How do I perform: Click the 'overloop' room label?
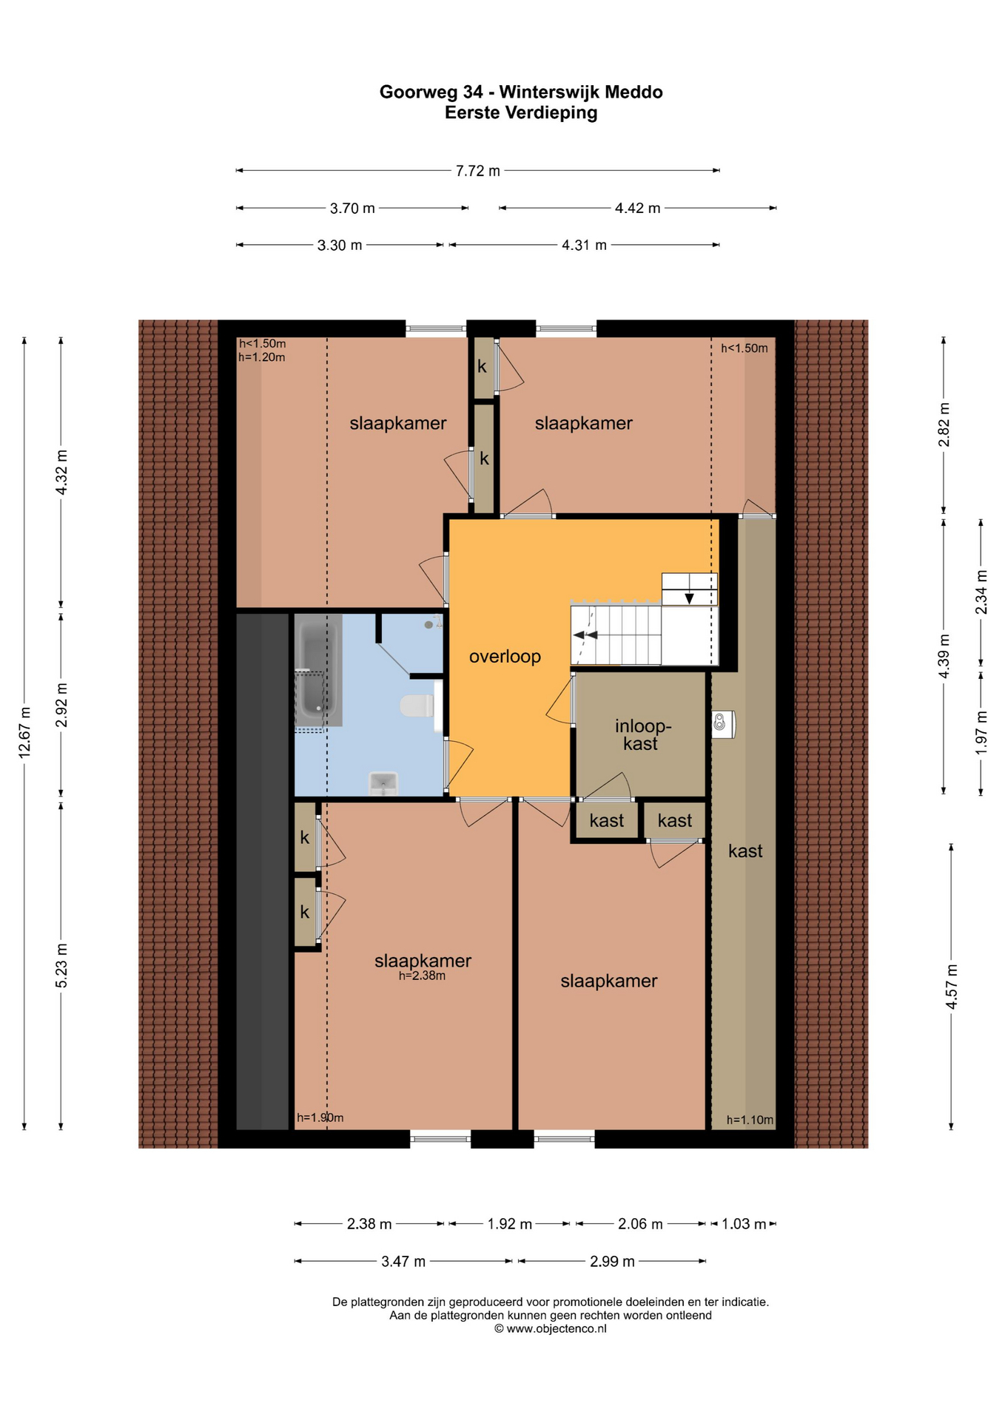click(x=505, y=657)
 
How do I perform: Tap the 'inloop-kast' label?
click(x=642, y=734)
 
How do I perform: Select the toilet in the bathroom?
click(x=417, y=706)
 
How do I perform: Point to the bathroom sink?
click(x=383, y=782)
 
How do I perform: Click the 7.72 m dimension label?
click(x=477, y=171)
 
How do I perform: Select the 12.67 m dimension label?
click(x=24, y=732)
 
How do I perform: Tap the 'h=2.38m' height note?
click(x=422, y=976)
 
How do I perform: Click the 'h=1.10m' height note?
click(x=750, y=1120)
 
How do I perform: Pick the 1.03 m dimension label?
click(x=744, y=1224)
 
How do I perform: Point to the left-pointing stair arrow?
click(x=585, y=635)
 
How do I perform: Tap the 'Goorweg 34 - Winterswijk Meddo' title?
click(x=521, y=92)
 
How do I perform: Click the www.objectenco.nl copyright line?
click(x=550, y=1328)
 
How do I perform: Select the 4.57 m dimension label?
click(x=952, y=987)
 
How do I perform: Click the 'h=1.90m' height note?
click(x=320, y=1118)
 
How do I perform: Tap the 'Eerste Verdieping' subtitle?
click(x=521, y=112)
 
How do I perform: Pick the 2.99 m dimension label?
click(x=612, y=1261)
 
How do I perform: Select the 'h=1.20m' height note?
click(x=262, y=357)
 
